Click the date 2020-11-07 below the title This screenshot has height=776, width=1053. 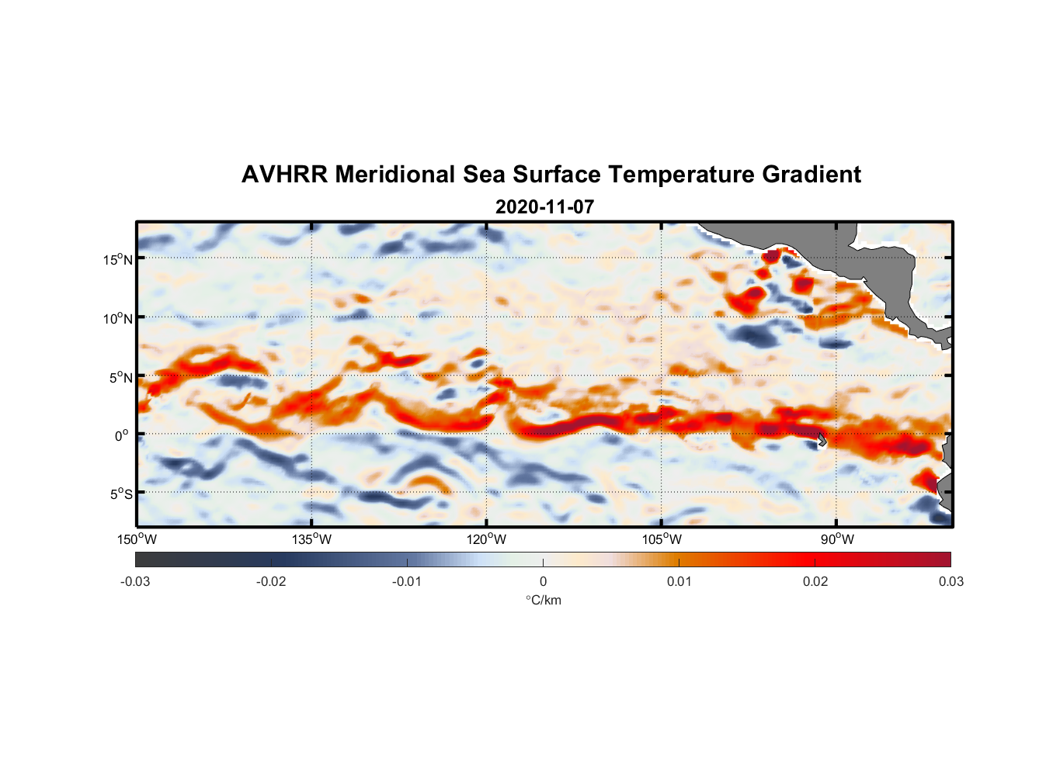pyautogui.click(x=544, y=207)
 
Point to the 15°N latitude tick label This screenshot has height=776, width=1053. pyautogui.click(x=118, y=259)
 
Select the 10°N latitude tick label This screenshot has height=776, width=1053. pyautogui.click(x=118, y=318)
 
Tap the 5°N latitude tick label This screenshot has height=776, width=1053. pyautogui.click(x=120, y=377)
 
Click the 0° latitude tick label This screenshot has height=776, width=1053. pyautogui.click(x=122, y=435)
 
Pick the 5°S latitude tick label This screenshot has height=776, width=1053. pyautogui.click(x=120, y=494)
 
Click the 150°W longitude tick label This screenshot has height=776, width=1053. pyautogui.click(x=137, y=539)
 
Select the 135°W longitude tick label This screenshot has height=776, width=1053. pyautogui.click(x=311, y=539)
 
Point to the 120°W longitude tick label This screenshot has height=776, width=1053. pyautogui.click(x=487, y=539)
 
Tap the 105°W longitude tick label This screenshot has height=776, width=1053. pyautogui.click(x=662, y=539)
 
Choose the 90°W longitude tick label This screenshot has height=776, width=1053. pyautogui.click(x=837, y=539)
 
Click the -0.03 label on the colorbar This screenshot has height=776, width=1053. pyautogui.click(x=135, y=581)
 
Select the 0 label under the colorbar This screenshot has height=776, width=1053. pyautogui.click(x=543, y=581)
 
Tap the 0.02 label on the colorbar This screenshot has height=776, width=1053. pyautogui.click(x=815, y=581)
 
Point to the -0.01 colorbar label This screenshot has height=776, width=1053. pyautogui.click(x=407, y=581)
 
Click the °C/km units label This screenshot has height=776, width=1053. pyautogui.click(x=543, y=600)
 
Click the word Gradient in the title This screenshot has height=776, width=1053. pyautogui.click(x=811, y=175)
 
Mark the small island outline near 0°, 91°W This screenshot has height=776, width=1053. pyautogui.click(x=822, y=439)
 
